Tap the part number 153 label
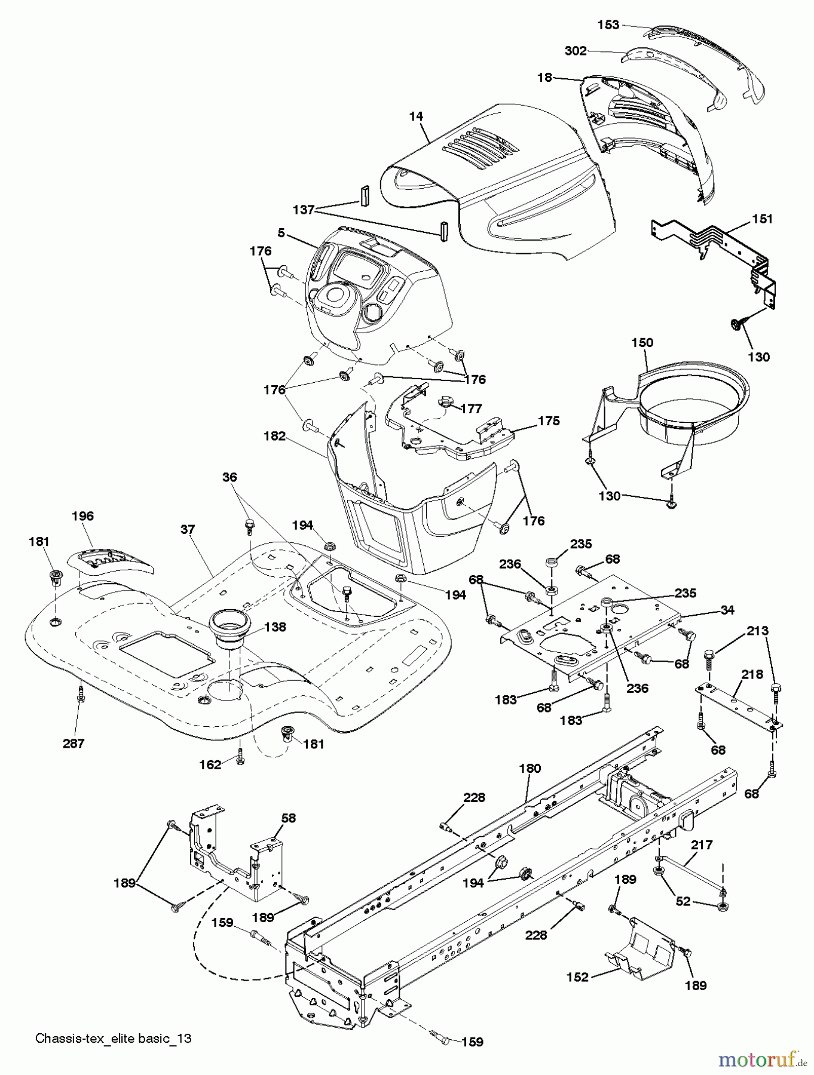coord(608,24)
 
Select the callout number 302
coord(575,51)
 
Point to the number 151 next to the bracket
coord(761,219)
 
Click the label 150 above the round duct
coord(642,343)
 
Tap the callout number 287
coord(74,744)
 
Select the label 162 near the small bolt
coord(210,764)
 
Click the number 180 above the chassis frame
coord(530,768)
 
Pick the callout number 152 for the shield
coord(577,977)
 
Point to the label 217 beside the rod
coord(702,845)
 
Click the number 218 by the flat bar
coord(752,674)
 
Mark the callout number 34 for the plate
coord(727,610)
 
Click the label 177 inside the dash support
coord(472,408)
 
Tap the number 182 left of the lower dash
coord(275,437)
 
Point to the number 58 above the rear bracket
coord(289,818)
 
